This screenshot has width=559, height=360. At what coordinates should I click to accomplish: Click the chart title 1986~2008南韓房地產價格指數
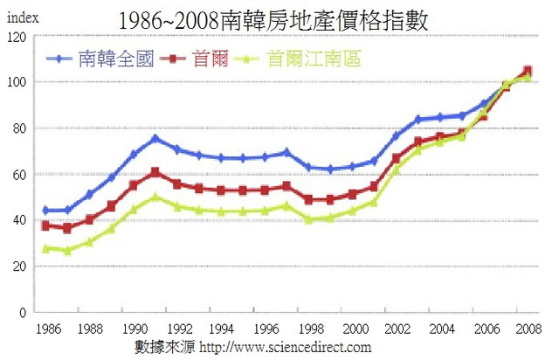(279, 18)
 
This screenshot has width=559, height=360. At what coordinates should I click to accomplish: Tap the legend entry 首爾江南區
(314, 59)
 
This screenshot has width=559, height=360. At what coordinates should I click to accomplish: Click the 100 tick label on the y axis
(15, 83)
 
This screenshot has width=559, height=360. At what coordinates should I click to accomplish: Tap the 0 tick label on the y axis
(21, 312)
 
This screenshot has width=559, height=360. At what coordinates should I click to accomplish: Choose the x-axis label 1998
(308, 329)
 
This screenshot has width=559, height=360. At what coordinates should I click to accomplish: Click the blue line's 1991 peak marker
(155, 138)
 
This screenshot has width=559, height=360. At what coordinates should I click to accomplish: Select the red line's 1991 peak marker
(155, 172)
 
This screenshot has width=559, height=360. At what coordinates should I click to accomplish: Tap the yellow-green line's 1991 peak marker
(155, 197)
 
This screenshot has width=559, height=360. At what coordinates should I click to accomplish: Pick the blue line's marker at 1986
(45, 211)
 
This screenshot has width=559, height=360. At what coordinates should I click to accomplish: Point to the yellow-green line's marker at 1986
(45, 248)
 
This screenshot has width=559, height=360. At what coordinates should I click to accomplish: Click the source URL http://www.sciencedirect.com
(286, 347)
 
